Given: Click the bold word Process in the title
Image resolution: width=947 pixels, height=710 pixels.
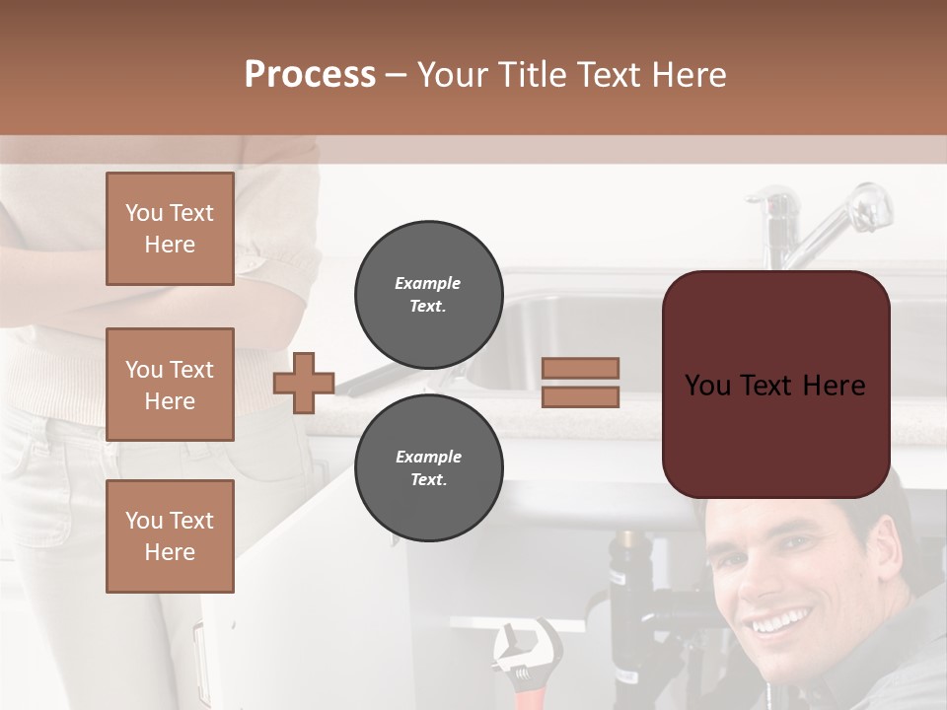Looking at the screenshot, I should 310,75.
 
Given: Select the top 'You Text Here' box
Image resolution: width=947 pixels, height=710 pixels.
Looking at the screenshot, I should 170,229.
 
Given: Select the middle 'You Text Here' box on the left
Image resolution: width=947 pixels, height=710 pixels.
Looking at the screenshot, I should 170,385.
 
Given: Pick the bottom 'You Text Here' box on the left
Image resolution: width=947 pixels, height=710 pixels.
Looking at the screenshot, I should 170,535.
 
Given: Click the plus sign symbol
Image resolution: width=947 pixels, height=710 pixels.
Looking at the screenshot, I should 304,383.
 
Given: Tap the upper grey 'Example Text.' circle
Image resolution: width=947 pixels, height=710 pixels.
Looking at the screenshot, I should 428,295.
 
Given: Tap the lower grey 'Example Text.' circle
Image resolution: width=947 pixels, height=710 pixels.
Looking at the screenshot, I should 428,468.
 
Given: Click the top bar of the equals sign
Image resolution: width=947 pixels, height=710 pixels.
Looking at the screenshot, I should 580,369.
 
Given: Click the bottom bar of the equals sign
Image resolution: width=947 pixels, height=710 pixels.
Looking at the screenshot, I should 580,396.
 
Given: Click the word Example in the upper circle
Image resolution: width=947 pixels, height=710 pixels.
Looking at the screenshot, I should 428,283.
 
